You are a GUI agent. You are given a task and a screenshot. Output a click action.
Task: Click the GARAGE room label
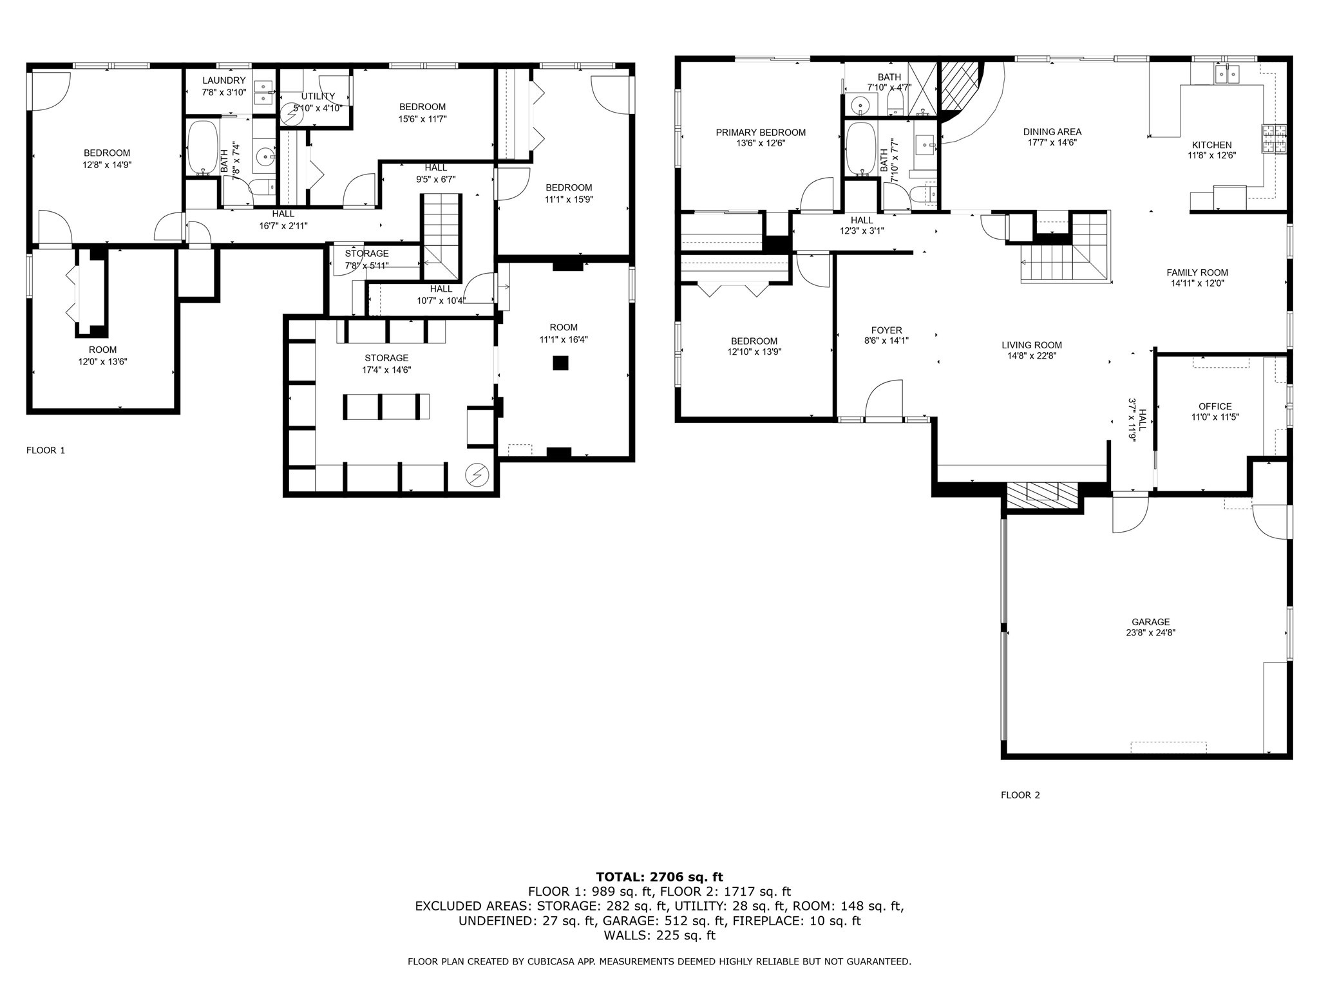tap(1150, 622)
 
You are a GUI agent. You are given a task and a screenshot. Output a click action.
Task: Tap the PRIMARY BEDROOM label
tap(761, 133)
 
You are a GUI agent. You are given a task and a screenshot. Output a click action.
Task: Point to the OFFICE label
tap(1215, 406)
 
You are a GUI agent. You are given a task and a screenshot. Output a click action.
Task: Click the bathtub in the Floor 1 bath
tap(203, 148)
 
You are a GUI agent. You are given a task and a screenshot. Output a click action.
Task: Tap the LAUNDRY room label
tap(223, 80)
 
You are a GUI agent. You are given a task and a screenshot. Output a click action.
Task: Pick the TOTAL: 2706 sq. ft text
tap(659, 877)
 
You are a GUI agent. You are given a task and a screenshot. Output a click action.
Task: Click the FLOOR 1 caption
tap(46, 450)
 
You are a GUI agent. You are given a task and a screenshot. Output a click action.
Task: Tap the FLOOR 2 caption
tap(1020, 795)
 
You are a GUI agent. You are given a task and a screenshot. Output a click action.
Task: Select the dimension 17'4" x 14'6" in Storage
tap(386, 370)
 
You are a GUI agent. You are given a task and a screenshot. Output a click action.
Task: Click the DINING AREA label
tap(1052, 132)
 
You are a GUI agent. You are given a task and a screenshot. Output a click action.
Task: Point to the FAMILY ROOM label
tap(1197, 272)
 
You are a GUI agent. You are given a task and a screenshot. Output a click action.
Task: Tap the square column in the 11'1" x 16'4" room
tap(561, 363)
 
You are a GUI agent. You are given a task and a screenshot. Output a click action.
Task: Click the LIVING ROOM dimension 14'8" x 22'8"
tap(1032, 355)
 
